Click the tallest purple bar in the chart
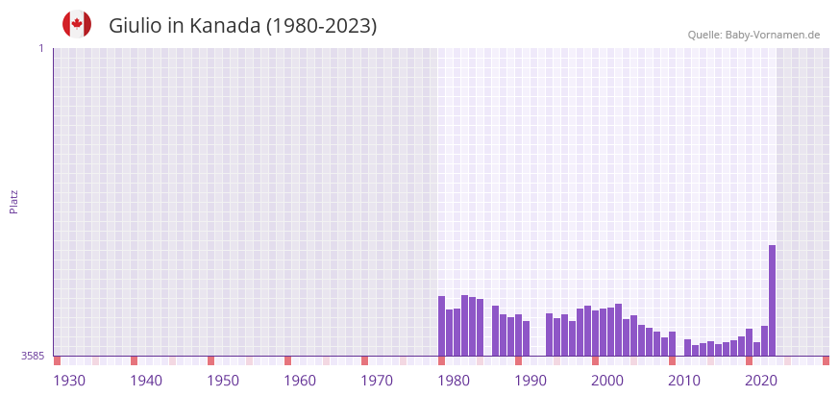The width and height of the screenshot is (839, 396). (772, 300)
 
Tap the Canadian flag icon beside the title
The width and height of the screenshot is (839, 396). (77, 25)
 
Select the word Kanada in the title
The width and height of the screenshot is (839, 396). (225, 26)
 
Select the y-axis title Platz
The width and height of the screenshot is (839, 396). (13, 201)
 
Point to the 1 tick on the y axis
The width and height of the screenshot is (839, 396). (40, 48)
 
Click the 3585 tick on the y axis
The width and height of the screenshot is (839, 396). (33, 356)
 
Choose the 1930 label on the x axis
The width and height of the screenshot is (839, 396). (69, 381)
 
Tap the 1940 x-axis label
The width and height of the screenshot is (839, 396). (146, 381)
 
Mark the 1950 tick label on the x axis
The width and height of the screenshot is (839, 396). (223, 381)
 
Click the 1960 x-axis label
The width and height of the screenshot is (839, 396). (300, 381)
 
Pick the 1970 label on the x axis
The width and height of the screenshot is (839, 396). (377, 381)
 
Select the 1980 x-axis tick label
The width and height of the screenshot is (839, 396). (454, 381)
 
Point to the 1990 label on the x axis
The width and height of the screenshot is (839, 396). (531, 381)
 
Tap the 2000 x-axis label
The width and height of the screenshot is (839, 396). (607, 381)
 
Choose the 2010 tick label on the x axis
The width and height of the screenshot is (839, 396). (684, 381)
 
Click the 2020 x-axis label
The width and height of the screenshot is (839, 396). (761, 381)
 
